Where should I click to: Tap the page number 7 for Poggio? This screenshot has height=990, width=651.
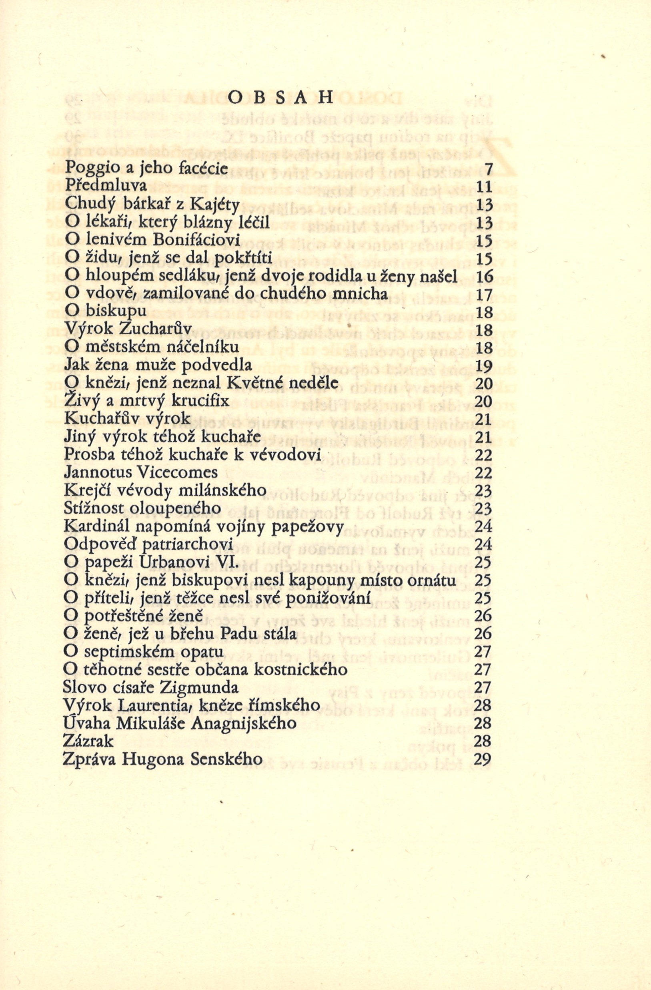488,169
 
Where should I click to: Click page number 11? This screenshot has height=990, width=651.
484,187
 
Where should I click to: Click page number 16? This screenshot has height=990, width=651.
483,276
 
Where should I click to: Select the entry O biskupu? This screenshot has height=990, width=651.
106,311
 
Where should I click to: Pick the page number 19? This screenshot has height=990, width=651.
483,365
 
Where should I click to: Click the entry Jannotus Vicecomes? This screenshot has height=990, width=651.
141,472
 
